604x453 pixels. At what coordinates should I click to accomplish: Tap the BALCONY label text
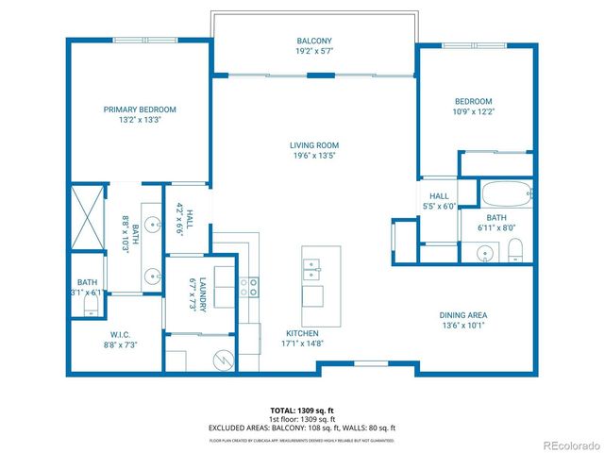pos(312,41)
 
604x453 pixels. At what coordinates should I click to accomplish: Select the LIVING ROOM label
pos(312,144)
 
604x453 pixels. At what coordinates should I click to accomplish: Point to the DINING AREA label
pos(462,315)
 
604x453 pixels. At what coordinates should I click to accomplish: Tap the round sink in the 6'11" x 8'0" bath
pos(484,252)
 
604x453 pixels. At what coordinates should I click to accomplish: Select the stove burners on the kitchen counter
pos(249,287)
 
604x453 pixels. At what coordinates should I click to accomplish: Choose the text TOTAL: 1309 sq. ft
pos(301,411)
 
